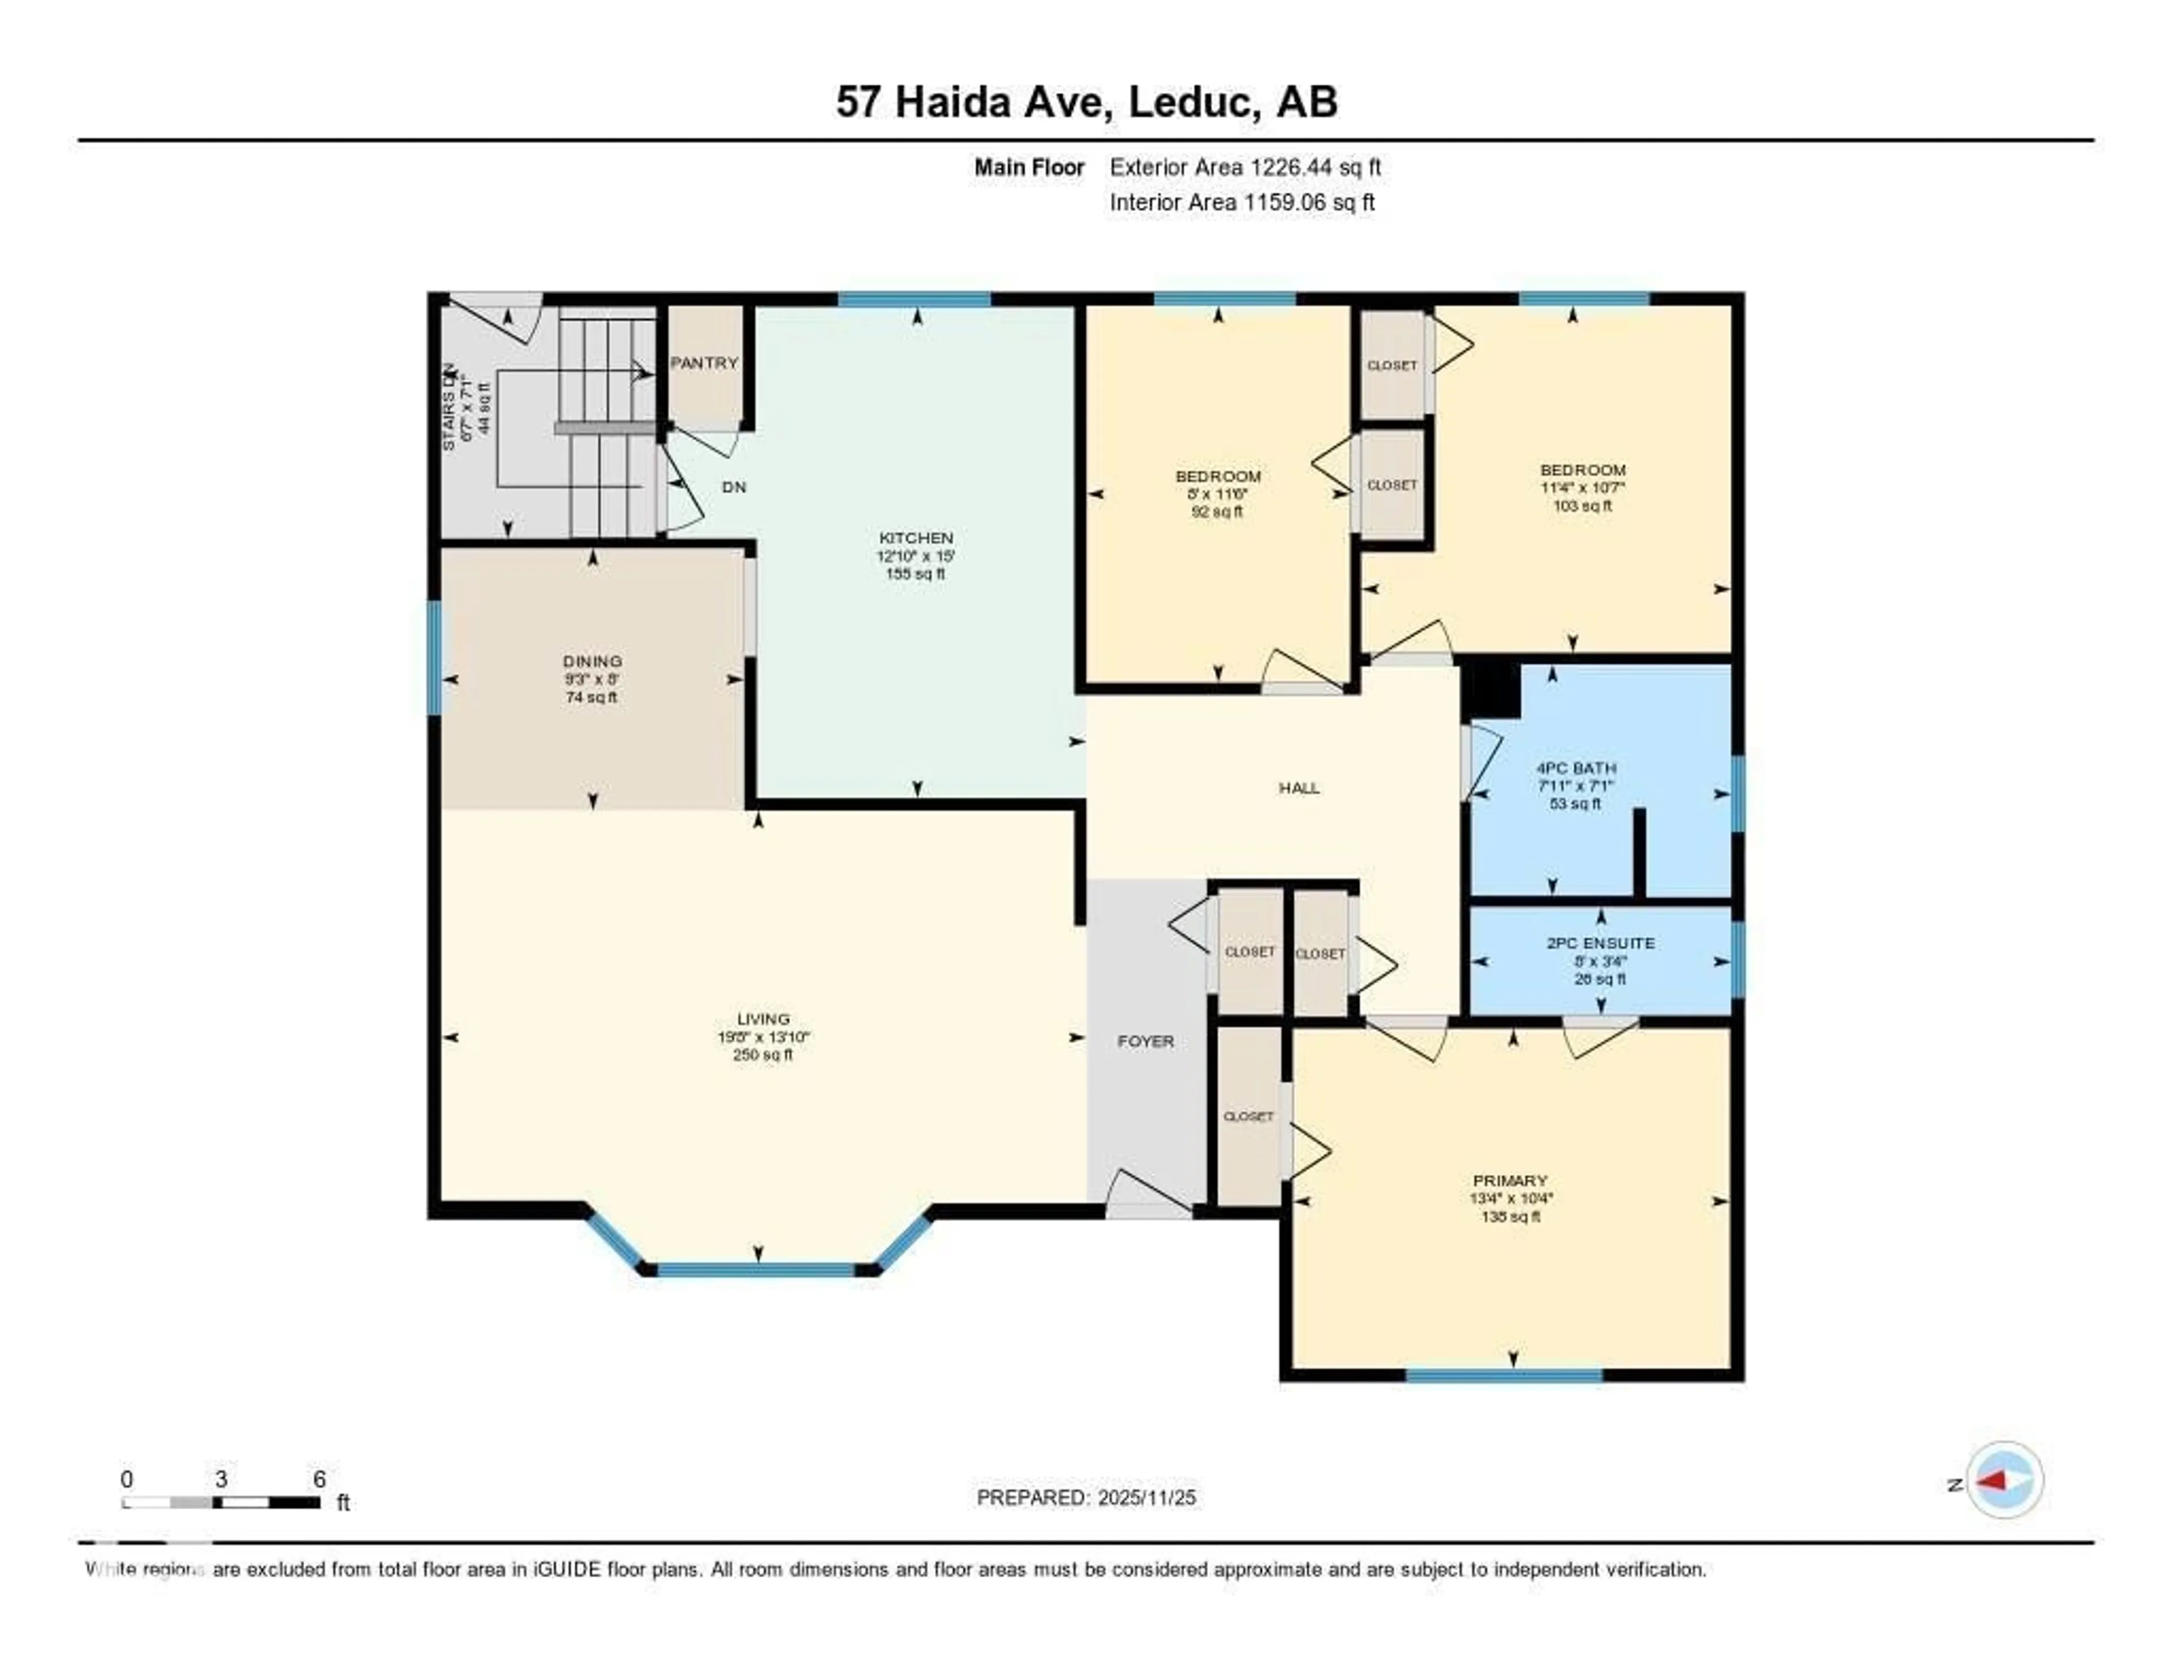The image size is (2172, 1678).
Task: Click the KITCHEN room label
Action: tap(915, 537)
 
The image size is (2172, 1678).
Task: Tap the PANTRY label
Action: tap(704, 363)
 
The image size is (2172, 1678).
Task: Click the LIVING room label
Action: tap(763, 1018)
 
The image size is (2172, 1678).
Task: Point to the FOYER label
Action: tap(1145, 1042)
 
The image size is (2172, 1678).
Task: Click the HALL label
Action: tap(1299, 788)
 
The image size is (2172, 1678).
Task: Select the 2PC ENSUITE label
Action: tap(1600, 943)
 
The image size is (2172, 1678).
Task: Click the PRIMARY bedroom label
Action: tap(1511, 1181)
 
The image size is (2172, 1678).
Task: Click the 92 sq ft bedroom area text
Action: tap(1217, 512)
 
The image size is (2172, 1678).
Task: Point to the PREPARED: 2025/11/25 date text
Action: tap(1086, 1498)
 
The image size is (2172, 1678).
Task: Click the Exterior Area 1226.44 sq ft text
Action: tap(1245, 167)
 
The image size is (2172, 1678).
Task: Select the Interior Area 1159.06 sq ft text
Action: tap(1242, 202)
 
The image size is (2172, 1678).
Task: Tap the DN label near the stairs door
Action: tap(734, 487)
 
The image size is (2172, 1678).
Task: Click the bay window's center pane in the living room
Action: tap(757, 1270)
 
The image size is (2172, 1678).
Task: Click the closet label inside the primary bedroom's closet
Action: tap(1248, 1116)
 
